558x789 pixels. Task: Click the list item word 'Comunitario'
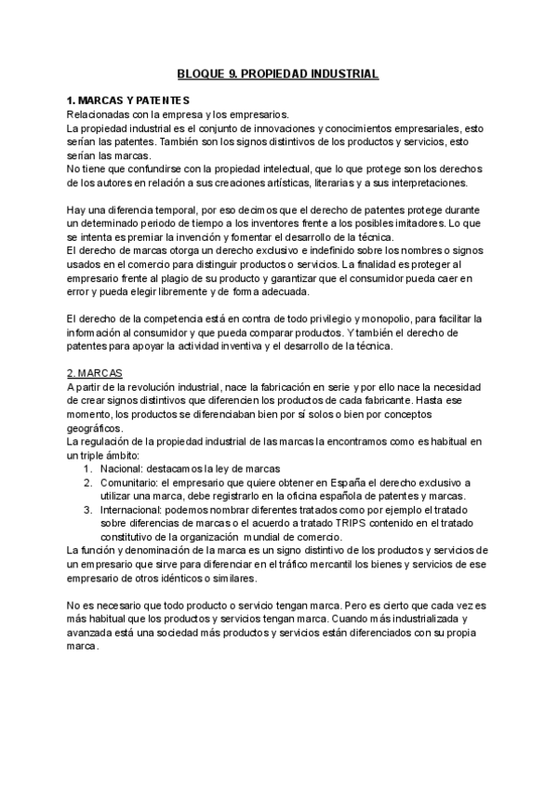coord(128,483)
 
